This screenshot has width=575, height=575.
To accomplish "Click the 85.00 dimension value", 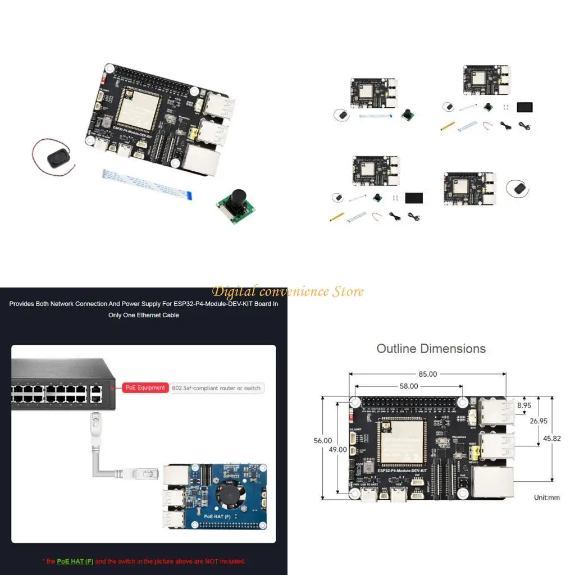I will (x=427, y=374).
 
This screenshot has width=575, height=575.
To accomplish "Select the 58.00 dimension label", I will (x=408, y=386).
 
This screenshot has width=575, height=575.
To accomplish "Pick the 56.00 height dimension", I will (x=322, y=441).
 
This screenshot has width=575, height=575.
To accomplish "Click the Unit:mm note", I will (x=546, y=498).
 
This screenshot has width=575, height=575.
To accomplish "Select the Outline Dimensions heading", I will (x=431, y=349).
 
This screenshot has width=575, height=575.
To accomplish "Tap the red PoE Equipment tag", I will (x=145, y=387).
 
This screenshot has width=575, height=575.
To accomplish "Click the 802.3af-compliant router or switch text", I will (x=216, y=388).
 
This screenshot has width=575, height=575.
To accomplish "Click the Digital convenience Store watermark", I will (x=287, y=291).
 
